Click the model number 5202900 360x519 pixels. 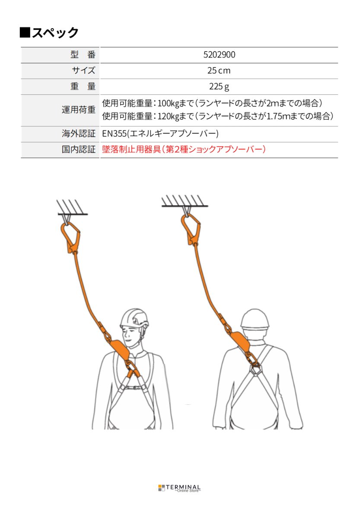tap(219, 55)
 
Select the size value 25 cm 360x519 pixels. tap(219, 70)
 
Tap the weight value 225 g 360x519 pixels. tap(219, 86)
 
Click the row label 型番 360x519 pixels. tap(82, 55)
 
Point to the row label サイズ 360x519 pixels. tap(83, 70)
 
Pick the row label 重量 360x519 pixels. tap(82, 86)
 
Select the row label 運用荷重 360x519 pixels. tap(78, 110)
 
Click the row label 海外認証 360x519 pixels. tap(78, 134)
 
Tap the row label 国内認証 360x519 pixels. tap(78, 150)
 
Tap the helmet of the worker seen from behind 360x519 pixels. tap(255, 319)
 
